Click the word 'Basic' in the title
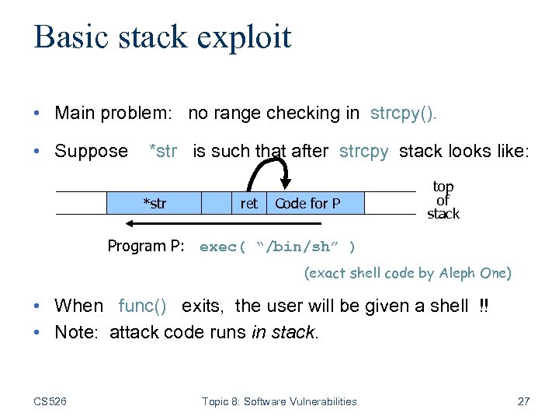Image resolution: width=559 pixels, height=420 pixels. pos(71,37)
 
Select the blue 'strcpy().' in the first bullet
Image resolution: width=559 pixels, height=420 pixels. pos(404,113)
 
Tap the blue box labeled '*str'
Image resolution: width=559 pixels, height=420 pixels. pos(154,204)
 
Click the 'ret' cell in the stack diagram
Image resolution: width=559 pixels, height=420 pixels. pos(248,204)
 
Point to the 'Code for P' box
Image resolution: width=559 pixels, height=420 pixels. pos(307,204)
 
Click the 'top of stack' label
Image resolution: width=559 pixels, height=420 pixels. pos(443,200)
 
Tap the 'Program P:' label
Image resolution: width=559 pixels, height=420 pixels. pos(145,247)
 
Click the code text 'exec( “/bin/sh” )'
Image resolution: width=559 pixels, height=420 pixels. pos(277,247)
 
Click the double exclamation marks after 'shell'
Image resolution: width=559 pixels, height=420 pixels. pos(484,306)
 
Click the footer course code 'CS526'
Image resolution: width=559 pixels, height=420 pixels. pos(51,401)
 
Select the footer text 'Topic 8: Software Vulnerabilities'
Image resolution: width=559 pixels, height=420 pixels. pos(279,401)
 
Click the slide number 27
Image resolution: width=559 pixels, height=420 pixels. pos(523,401)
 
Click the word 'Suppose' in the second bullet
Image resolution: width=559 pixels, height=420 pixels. pos(91,151)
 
